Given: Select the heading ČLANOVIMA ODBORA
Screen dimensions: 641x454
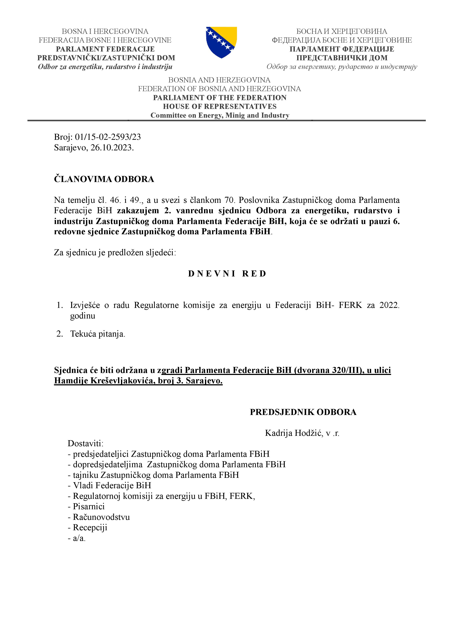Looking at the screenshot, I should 104,179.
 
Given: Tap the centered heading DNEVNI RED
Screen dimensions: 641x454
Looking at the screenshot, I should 227,274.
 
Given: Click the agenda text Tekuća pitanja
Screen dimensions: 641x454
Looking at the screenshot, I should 98,334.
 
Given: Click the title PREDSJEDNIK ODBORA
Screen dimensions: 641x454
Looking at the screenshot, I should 303,412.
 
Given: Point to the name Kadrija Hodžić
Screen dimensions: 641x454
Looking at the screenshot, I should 294,433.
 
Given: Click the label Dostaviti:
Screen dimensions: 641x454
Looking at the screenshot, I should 85,443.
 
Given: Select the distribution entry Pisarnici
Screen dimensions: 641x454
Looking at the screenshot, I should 89,506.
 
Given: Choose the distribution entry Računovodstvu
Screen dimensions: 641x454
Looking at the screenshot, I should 101,517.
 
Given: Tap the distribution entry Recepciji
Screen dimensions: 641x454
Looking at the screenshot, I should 90,527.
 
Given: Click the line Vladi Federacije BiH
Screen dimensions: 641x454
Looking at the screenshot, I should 112,485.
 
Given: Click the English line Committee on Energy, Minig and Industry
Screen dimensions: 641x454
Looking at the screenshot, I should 220,115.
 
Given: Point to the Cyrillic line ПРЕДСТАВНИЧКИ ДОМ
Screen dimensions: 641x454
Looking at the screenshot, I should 342,58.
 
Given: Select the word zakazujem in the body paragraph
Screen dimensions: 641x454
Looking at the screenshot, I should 138,210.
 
